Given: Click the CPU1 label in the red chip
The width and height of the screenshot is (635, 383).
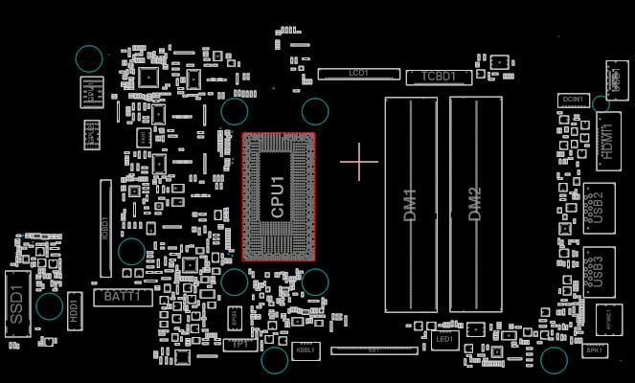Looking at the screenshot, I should coord(278,197).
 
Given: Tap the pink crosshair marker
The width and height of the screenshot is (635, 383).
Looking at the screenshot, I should coord(359,162).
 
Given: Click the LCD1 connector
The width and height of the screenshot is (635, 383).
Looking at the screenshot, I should coord(359,73).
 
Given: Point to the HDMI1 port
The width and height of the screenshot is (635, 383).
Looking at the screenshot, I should coord(608,135).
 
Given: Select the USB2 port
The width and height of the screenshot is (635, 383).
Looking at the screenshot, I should coord(599,207).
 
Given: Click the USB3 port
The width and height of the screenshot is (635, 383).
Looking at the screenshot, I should coord(599,269).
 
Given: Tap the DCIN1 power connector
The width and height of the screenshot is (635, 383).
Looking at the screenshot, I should coord(574,100).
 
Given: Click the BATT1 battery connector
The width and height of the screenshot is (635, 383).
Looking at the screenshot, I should coord(123,298).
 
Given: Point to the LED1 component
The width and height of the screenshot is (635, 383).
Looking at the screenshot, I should coord(444,339).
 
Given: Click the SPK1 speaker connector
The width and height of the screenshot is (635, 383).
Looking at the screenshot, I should coord(594,350).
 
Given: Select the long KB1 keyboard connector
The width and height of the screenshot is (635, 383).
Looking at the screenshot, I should coord(374,350).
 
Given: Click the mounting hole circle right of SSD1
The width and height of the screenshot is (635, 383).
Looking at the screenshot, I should coord(50,307).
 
